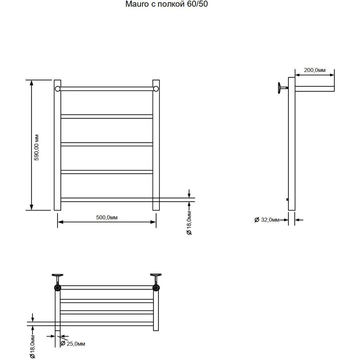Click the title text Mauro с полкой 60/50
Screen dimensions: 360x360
click(x=166, y=5)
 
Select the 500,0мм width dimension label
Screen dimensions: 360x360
click(x=107, y=217)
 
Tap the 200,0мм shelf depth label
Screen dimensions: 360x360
click(x=314, y=70)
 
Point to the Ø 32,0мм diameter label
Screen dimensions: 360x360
click(x=267, y=220)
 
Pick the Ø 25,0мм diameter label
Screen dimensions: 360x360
click(x=73, y=344)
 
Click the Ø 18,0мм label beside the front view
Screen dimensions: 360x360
click(x=189, y=225)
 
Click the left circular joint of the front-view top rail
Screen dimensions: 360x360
click(x=58, y=88)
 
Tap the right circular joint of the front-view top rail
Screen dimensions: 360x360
click(x=156, y=88)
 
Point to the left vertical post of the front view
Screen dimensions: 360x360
click(x=57, y=148)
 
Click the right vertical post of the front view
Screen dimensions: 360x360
click(x=156, y=148)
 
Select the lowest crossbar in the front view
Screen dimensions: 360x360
click(x=107, y=199)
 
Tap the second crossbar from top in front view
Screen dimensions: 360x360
click(x=107, y=116)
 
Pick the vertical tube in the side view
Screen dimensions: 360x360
click(x=292, y=148)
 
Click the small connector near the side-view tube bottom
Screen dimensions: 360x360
click(x=287, y=200)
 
